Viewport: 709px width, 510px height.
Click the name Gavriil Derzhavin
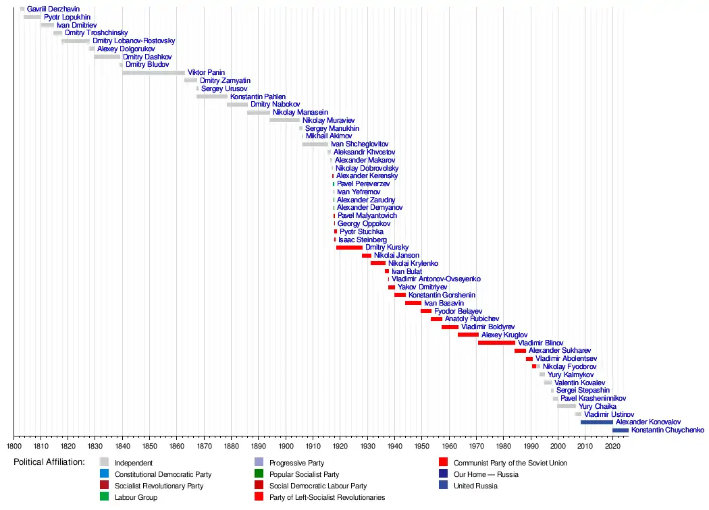[x=53, y=9]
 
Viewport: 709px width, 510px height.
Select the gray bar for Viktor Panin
[x=153, y=72]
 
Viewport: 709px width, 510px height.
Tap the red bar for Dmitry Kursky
[x=349, y=248]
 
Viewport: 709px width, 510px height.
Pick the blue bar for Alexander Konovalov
[x=597, y=422]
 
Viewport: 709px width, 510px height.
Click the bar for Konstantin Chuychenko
[x=621, y=430]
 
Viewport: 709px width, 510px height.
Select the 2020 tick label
[x=612, y=446]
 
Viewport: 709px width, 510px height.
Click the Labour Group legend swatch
[x=104, y=497]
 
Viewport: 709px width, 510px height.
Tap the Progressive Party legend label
[x=296, y=463]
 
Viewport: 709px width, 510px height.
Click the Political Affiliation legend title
[x=49, y=462]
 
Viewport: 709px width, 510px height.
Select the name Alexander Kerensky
[x=367, y=176]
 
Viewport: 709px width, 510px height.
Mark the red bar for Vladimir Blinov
[x=496, y=343]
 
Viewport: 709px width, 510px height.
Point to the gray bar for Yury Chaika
[x=567, y=406]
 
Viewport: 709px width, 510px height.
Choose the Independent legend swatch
[x=104, y=463]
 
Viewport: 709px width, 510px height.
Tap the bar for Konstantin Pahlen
[x=212, y=96]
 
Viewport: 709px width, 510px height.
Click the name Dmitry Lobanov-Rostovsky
[x=134, y=41]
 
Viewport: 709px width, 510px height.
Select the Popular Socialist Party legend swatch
[x=259, y=474]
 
